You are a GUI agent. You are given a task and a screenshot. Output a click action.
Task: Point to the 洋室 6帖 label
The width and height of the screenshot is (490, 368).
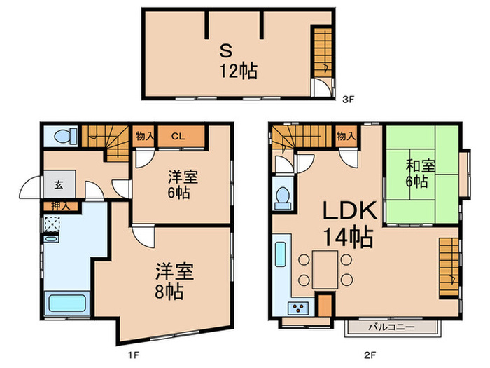(181, 184)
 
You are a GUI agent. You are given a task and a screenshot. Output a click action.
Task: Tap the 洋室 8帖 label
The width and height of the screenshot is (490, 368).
(169, 281)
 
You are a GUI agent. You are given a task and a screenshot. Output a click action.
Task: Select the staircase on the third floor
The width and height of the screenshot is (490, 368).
(323, 54)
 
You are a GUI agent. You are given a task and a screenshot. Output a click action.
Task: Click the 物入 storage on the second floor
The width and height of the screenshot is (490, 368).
(344, 137)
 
